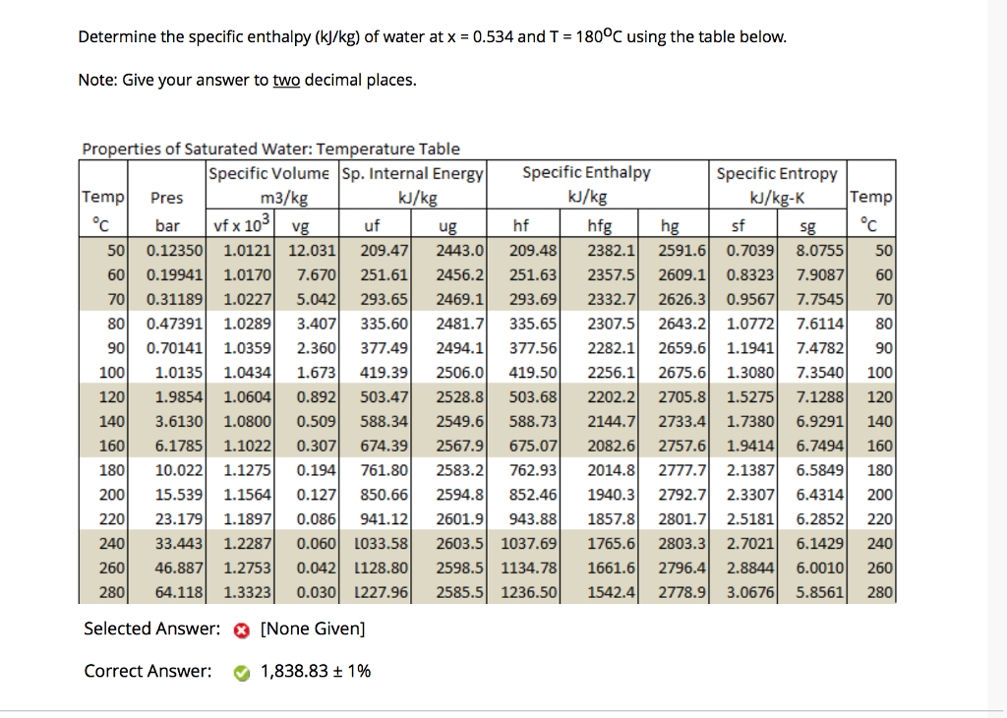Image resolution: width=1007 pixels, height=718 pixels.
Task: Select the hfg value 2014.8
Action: tap(611, 470)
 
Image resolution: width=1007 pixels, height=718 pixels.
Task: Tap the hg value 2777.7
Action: tap(682, 470)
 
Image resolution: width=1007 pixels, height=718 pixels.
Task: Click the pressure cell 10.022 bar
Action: tap(178, 470)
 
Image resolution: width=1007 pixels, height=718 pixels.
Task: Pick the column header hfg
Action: tap(599, 225)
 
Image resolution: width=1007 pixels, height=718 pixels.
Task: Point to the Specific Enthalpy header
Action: tap(586, 172)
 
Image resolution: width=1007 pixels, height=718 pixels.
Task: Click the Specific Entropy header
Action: tap(777, 173)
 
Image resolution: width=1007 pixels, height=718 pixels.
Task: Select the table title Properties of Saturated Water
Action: tap(270, 150)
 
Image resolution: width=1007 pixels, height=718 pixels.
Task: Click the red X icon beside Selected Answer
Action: tap(241, 629)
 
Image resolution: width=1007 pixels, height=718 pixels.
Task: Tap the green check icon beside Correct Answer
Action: tap(241, 673)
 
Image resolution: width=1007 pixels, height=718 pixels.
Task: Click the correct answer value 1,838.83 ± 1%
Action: tap(316, 672)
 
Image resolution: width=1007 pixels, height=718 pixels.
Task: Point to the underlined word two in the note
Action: tap(286, 80)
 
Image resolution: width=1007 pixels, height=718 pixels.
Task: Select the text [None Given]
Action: tap(313, 628)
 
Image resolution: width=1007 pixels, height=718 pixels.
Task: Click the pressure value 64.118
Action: tap(178, 593)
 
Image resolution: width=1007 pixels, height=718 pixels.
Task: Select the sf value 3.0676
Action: tap(749, 593)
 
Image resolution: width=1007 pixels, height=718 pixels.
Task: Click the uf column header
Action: tap(373, 225)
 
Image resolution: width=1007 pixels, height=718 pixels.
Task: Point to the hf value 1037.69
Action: tap(529, 544)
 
